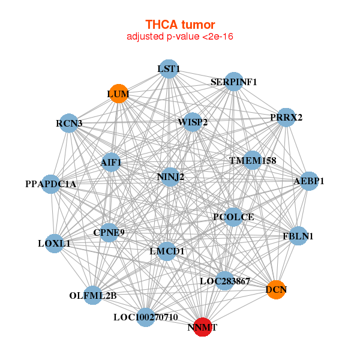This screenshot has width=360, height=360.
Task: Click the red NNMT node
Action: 203,327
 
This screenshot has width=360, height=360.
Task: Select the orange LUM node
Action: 119,94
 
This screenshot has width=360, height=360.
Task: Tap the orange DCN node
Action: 275,290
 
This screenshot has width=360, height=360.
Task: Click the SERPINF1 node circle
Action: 233,82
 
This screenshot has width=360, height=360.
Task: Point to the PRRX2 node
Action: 286,117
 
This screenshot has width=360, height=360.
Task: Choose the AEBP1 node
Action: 308,181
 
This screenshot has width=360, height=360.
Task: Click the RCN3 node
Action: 70,124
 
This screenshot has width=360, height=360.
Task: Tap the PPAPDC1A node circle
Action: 52,184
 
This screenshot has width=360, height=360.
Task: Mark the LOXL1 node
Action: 55,244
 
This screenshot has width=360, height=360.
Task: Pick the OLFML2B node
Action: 93,295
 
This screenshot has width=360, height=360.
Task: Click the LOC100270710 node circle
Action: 146,317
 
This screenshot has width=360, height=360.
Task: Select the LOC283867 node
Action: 224,280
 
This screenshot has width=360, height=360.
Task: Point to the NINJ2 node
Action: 170,177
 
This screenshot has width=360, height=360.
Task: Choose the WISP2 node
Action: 193,122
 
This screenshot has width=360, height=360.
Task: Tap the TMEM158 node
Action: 253,161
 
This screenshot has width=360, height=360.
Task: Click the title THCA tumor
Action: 180,25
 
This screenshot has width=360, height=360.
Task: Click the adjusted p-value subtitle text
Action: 180,37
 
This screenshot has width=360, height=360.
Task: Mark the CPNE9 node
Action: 109,232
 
